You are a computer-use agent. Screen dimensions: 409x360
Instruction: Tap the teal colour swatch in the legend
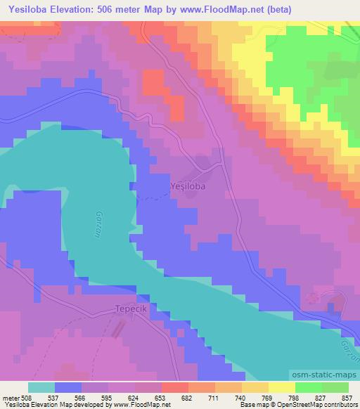tap(41, 387)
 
